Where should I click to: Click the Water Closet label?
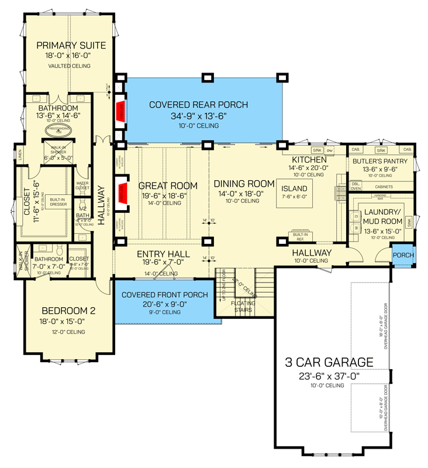click(82, 185)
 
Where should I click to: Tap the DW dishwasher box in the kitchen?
click(329, 150)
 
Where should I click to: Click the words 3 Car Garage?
click(329, 362)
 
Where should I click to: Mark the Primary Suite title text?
click(71, 46)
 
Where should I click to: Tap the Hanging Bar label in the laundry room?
click(381, 196)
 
